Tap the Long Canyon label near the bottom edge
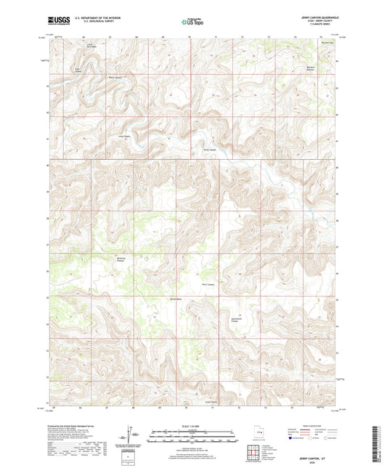(211, 401)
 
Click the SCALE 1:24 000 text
(193, 427)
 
